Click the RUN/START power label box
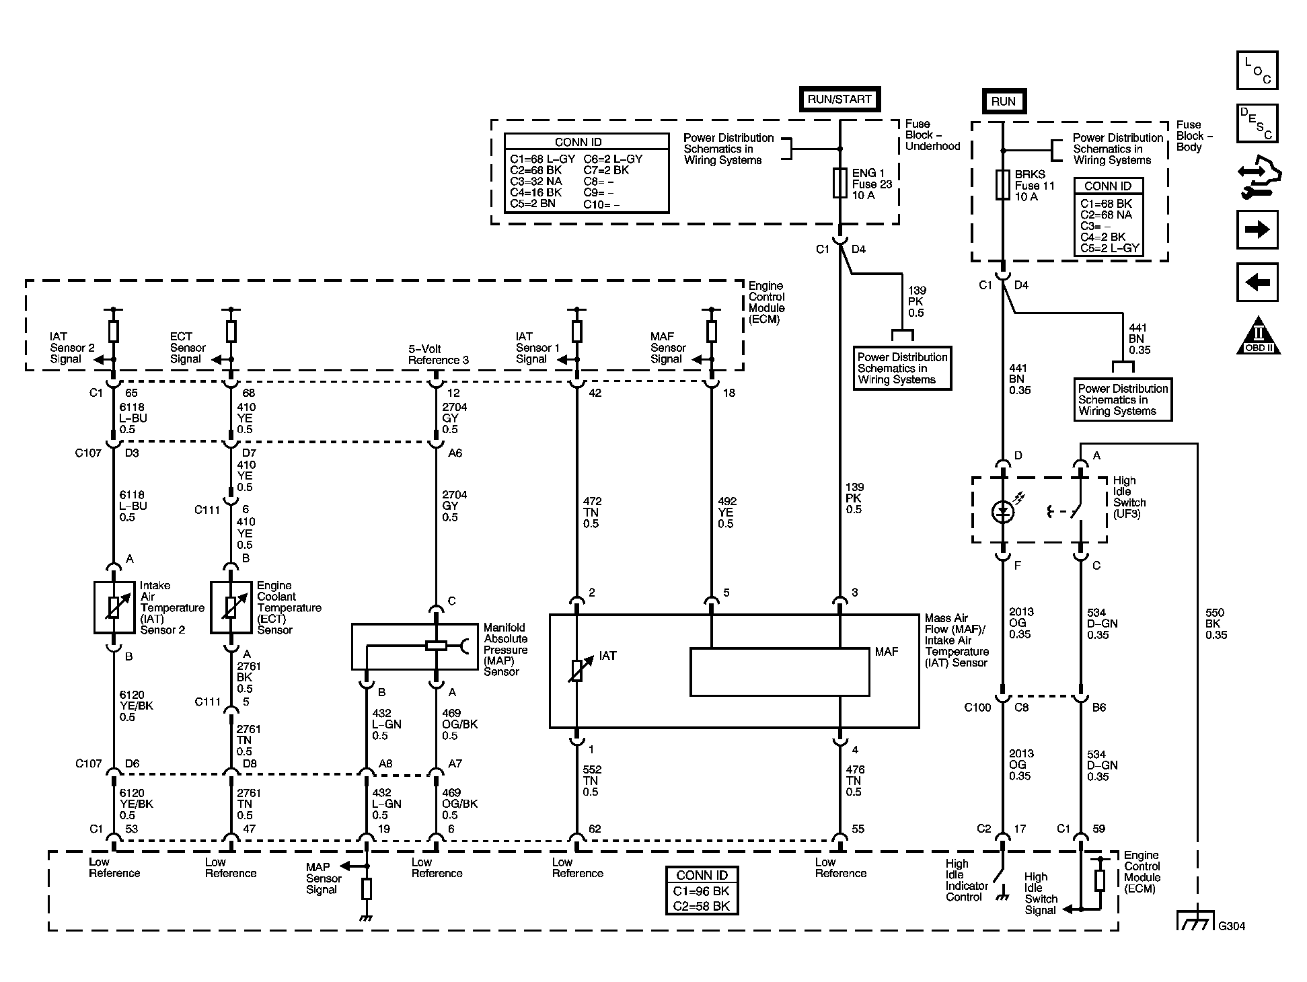pos(839,99)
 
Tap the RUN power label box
pos(1003,101)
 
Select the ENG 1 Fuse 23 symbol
pos(839,183)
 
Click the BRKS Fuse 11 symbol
pos(1002,185)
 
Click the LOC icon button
pos(1257,71)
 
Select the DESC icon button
pos(1257,123)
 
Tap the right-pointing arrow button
pos(1257,230)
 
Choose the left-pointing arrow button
pos(1257,282)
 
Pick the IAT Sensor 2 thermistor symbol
pos(114,608)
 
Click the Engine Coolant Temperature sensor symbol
pos(231,608)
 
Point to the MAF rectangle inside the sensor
pos(780,672)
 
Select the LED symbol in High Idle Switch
pos(1003,512)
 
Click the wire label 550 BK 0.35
pos(1216,624)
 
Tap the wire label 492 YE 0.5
pos(727,513)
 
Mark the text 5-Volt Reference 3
pos(439,354)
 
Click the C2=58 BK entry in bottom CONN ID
pos(702,905)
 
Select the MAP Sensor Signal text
pos(324,878)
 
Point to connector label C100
pos(977,708)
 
